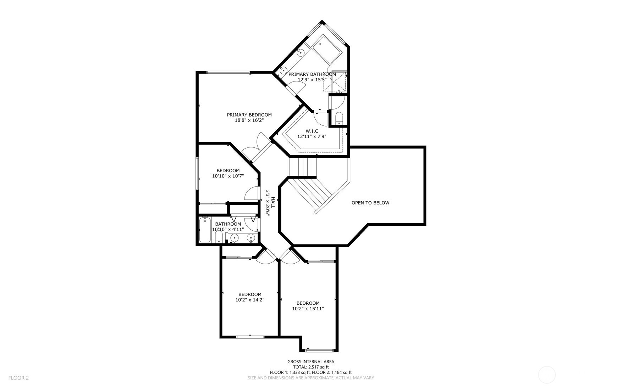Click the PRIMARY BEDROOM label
249,115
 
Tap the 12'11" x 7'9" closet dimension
312,136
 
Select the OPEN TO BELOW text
370,203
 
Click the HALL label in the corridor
273,203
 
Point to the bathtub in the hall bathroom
205,230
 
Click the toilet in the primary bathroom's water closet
339,118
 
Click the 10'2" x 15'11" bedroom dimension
308,309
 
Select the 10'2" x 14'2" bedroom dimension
250,300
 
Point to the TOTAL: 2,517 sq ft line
310,367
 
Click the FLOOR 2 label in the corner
18,378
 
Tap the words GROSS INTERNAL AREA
310,362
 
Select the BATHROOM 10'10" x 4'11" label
228,227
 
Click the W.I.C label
312,131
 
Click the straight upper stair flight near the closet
303,167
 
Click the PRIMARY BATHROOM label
312,74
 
